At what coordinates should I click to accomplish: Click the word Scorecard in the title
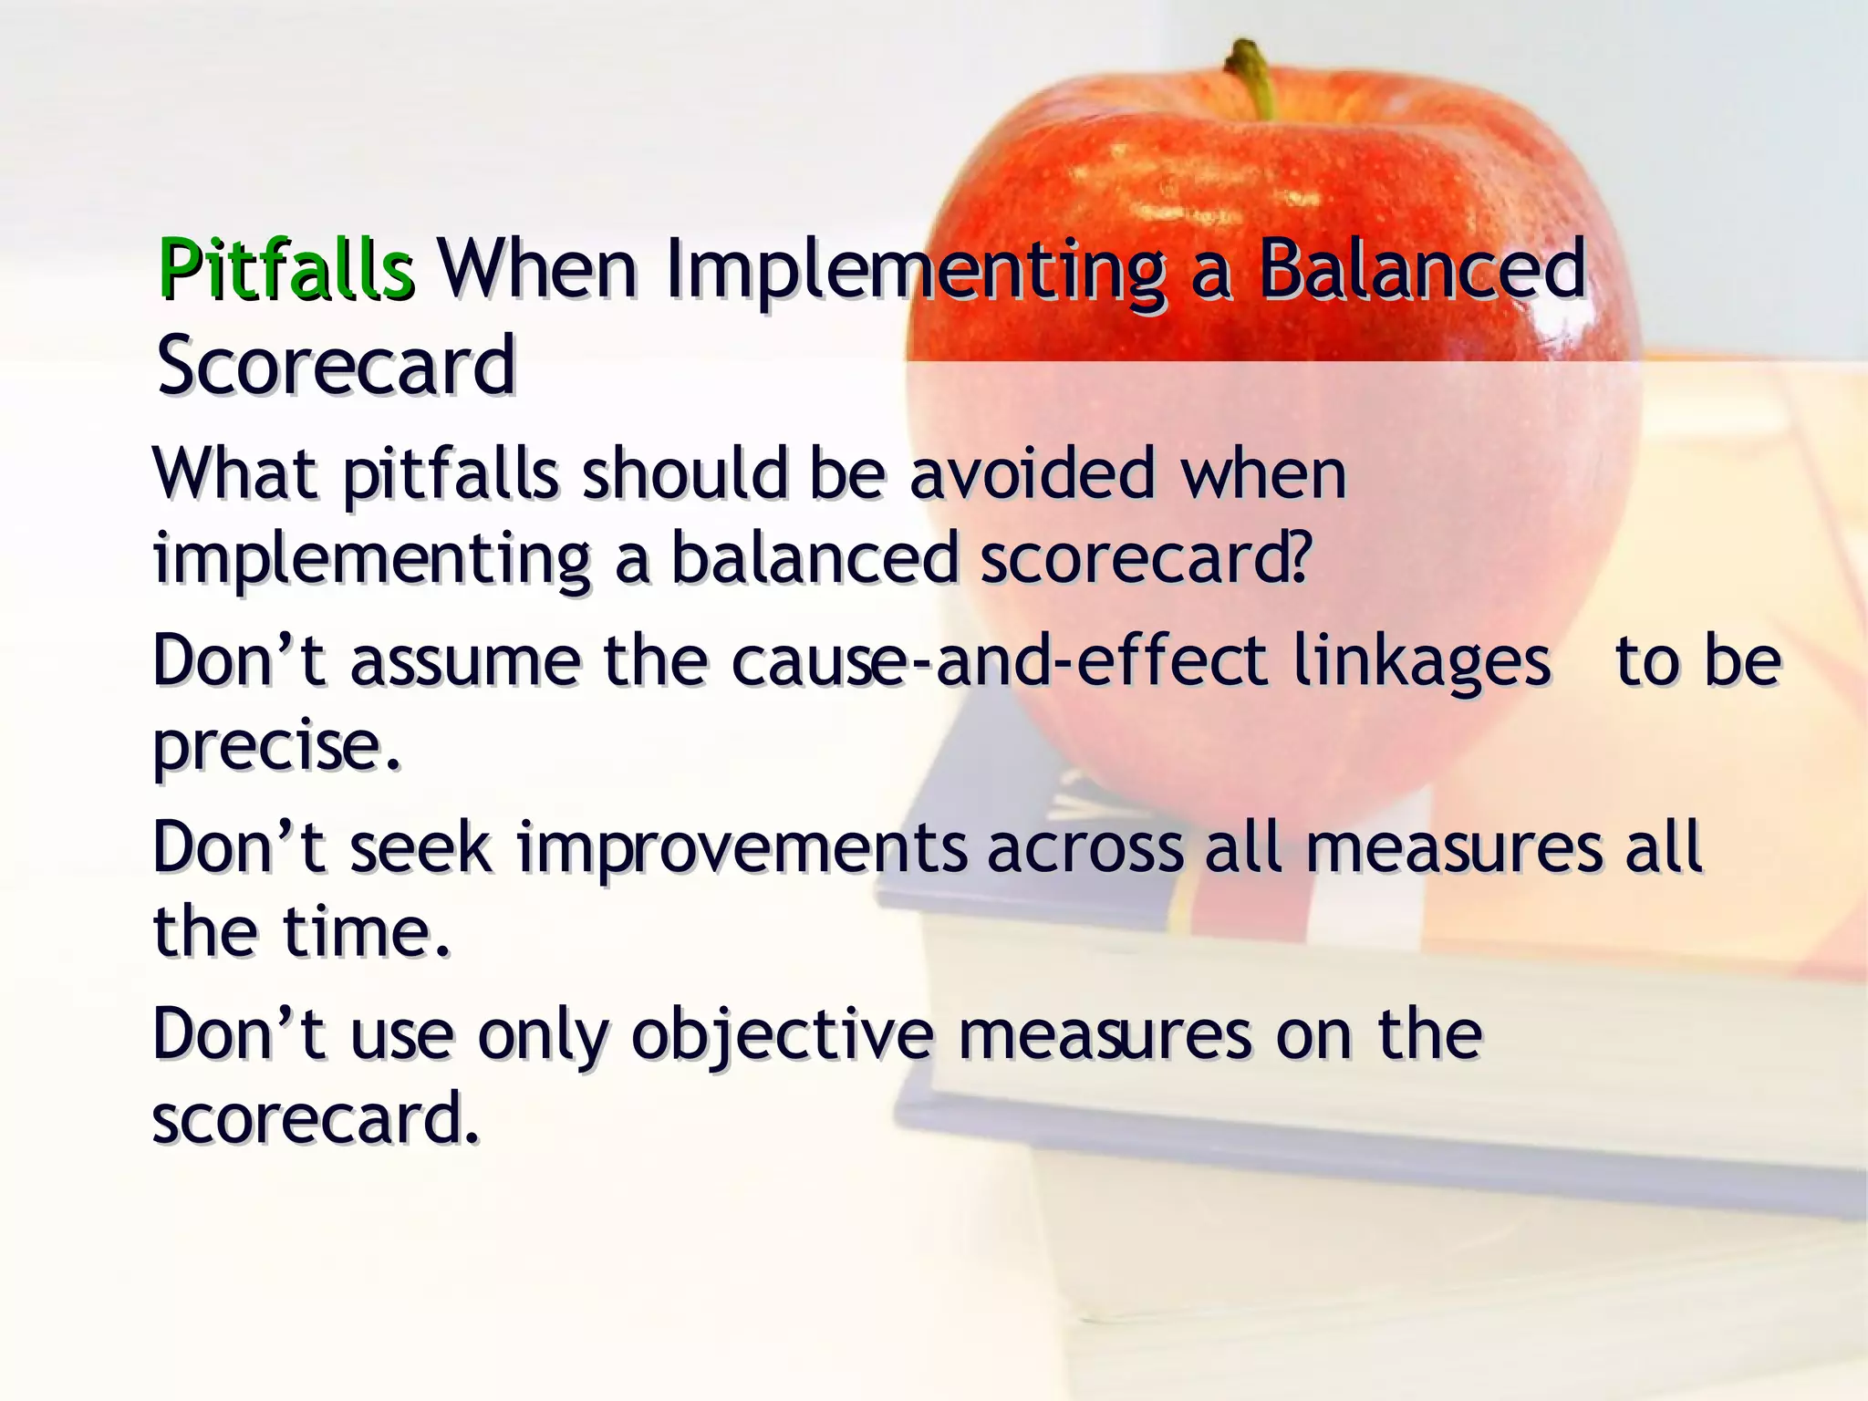point(336,365)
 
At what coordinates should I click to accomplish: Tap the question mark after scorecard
point(1299,557)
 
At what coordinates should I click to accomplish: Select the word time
point(365,932)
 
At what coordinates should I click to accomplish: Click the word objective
point(783,1036)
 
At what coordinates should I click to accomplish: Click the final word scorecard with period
point(315,1118)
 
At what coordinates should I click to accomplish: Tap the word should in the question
point(684,474)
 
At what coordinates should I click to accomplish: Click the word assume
point(465,661)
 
